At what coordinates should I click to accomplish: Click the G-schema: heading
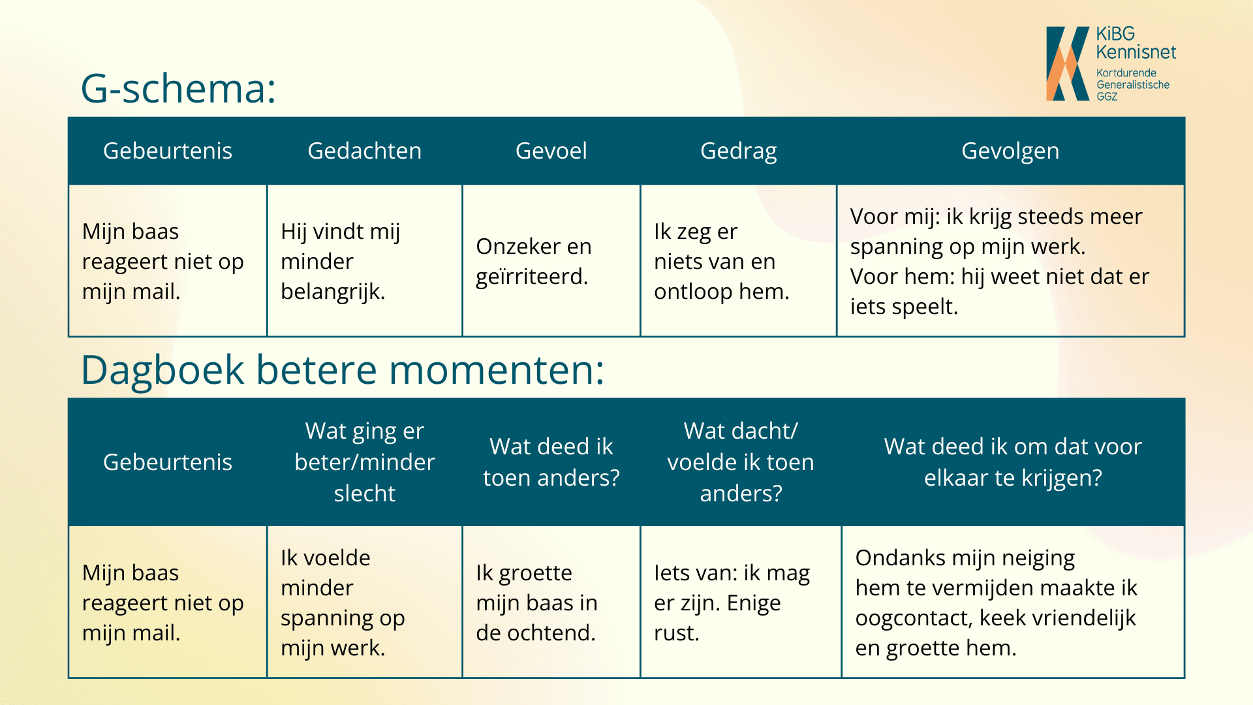pyautogui.click(x=178, y=88)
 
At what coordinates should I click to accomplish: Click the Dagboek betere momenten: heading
pyautogui.click(x=343, y=370)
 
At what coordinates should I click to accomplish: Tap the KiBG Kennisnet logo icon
pyautogui.click(x=1068, y=63)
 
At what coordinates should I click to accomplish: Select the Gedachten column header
pyautogui.click(x=364, y=151)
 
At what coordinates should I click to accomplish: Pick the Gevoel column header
pyautogui.click(x=551, y=151)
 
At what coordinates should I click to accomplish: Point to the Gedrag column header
pyautogui.click(x=739, y=151)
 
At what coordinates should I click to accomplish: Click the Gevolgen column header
pyautogui.click(x=1010, y=151)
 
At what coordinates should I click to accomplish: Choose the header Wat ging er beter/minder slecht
pyautogui.click(x=364, y=462)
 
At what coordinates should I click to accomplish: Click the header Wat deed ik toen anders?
pyautogui.click(x=551, y=462)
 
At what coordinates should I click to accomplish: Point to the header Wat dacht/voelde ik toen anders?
pyautogui.click(x=741, y=462)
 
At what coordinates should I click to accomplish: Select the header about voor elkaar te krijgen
pyautogui.click(x=1013, y=462)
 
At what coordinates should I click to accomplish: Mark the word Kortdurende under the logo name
pyautogui.click(x=1126, y=73)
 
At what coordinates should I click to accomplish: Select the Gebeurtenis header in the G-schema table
pyautogui.click(x=168, y=151)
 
